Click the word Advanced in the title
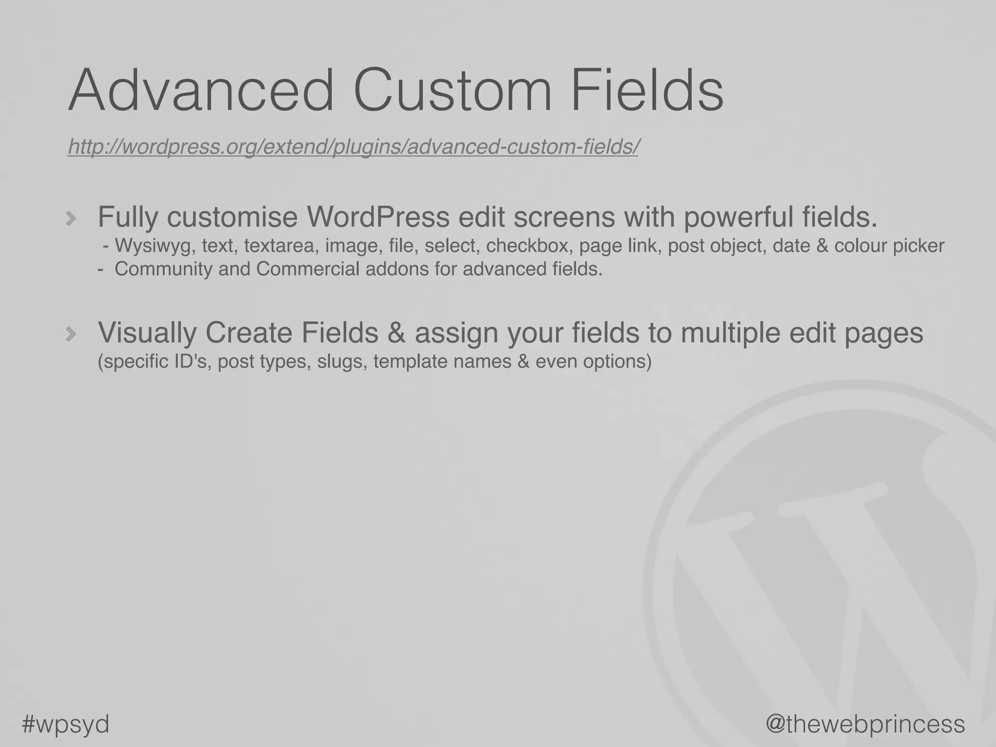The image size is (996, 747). (x=201, y=91)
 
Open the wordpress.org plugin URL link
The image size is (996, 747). (x=353, y=146)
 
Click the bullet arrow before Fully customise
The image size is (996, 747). (x=71, y=218)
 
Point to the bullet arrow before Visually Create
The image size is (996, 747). (x=71, y=334)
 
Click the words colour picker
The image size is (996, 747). (x=889, y=246)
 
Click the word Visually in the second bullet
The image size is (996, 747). (x=147, y=333)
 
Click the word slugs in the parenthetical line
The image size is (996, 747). (x=342, y=361)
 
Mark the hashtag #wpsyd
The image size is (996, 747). (x=66, y=724)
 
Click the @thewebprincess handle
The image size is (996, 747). (x=865, y=724)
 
